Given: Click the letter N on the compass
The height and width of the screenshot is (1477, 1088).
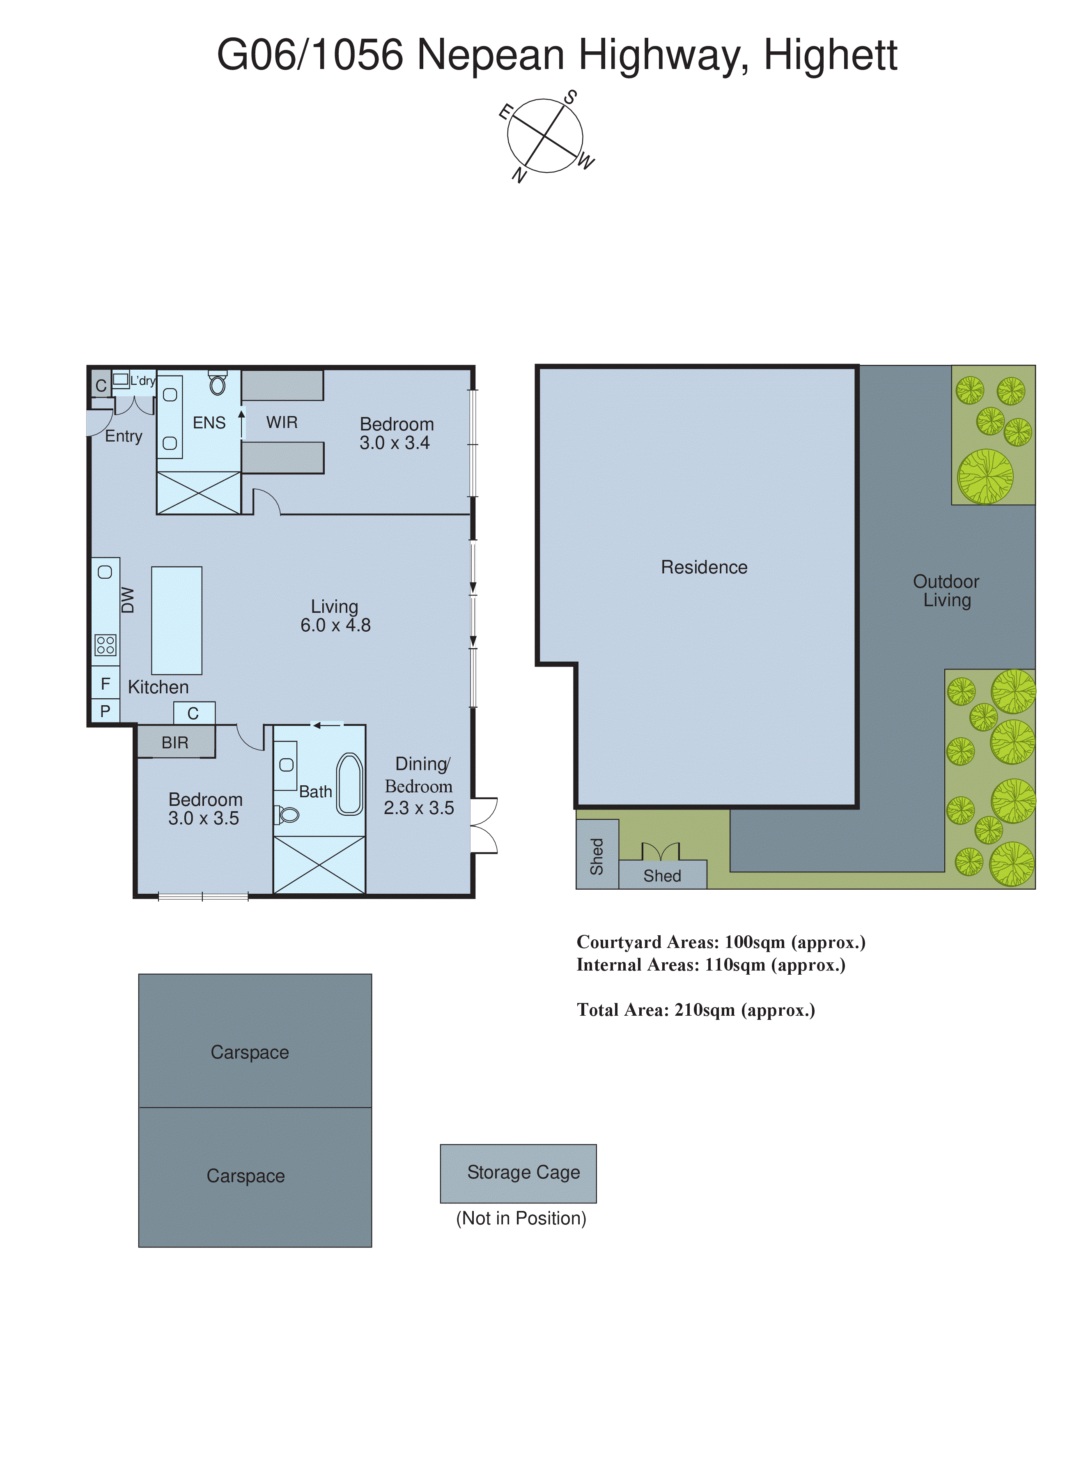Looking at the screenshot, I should (x=520, y=175).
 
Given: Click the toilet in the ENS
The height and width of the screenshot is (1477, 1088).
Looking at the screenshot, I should (x=217, y=384).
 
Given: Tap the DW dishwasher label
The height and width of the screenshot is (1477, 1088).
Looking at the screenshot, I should (x=128, y=600).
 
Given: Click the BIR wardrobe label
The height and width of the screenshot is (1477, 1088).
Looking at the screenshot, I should (x=175, y=743).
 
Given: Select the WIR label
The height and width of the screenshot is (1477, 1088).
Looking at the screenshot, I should (x=282, y=422).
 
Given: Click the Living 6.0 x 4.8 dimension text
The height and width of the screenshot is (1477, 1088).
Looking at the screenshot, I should (x=335, y=625).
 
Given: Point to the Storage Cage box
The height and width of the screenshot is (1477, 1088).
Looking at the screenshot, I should (x=518, y=1173).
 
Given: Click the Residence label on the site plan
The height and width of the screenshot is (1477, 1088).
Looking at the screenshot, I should (x=704, y=567).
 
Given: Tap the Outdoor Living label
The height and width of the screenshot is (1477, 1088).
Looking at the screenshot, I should (x=946, y=591).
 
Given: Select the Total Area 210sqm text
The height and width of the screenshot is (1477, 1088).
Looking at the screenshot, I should (x=695, y=1010).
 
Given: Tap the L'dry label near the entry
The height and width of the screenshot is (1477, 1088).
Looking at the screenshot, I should (x=142, y=381).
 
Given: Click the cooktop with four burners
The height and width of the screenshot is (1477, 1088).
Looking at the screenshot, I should (x=106, y=645).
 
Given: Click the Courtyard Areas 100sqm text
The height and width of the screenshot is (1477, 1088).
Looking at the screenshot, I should (x=721, y=942).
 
